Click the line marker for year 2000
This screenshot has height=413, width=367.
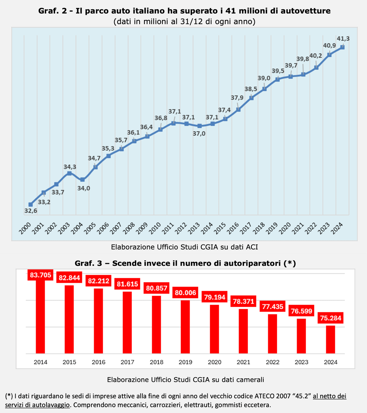click(31, 204)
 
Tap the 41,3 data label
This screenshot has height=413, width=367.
click(343, 39)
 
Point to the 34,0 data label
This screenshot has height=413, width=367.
click(84, 188)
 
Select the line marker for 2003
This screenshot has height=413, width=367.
click(69, 173)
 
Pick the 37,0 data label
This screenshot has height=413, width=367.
click(199, 133)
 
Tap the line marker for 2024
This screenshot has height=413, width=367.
click(343, 47)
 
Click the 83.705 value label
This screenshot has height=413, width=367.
click(40, 275)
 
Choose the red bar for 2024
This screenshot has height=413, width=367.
click(330, 339)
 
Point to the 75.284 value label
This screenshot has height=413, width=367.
click(330, 319)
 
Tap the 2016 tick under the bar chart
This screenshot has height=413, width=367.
click(98, 362)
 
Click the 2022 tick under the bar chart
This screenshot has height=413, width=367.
click(273, 362)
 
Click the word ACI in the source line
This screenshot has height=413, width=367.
click(252, 247)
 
